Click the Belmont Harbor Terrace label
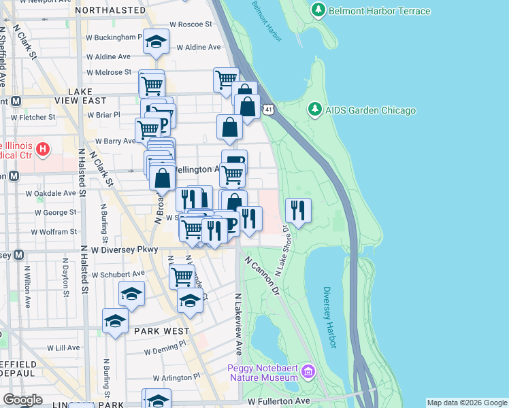point(380,11)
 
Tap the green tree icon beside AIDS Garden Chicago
point(314,109)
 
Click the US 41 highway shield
point(269,109)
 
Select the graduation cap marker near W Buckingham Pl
point(157,43)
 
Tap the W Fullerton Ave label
point(280,403)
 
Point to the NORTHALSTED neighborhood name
point(110,10)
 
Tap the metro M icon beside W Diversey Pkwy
point(18,255)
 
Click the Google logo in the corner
point(22,399)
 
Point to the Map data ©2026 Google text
point(467,403)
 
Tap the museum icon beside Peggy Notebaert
point(308,372)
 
